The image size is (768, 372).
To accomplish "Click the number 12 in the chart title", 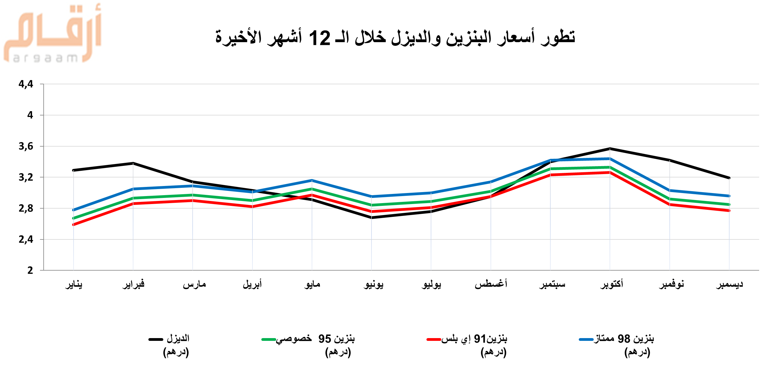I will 319,38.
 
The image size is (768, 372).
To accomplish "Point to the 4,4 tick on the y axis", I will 26,84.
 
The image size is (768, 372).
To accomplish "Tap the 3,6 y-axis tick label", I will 26,146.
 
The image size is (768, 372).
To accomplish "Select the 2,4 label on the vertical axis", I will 26,239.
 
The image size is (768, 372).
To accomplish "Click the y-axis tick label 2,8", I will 26,208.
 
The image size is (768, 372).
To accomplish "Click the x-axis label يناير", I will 74,284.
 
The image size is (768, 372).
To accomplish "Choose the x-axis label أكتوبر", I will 611,284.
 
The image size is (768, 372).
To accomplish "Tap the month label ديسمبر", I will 730,284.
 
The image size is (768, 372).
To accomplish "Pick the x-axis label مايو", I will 312,284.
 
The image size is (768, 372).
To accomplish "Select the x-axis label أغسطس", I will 491,284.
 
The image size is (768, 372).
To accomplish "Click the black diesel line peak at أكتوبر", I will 610,149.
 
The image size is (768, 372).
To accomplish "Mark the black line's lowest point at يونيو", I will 371,217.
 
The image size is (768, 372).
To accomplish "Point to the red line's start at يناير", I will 74,224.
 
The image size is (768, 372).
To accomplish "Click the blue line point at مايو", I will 312,180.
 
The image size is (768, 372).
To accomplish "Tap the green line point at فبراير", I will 133,198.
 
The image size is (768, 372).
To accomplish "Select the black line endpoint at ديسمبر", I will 729,178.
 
